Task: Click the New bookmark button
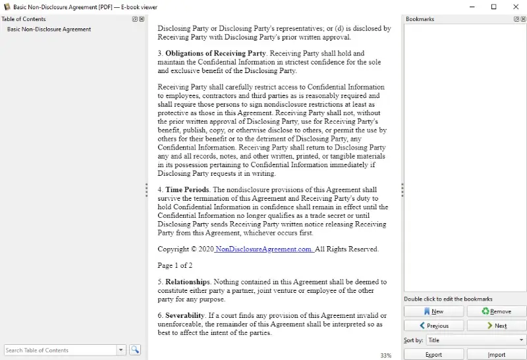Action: point(433,311)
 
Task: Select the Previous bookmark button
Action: point(433,326)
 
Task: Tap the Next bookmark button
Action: point(497,326)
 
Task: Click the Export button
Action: point(433,355)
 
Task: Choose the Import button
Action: point(497,355)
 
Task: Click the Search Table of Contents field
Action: point(61,350)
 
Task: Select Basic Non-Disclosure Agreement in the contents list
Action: point(49,30)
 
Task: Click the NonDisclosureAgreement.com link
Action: point(264,249)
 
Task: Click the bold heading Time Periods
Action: point(187,190)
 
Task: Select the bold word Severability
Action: point(185,316)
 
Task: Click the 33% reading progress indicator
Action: point(386,355)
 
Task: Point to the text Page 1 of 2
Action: point(175,266)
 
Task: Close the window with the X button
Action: point(516,7)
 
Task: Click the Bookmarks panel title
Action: point(420,19)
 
